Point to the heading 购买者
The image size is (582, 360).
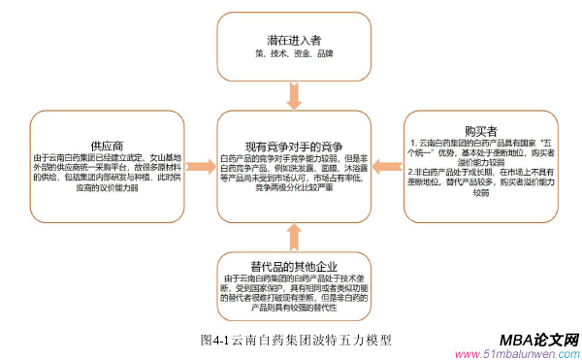(x=481, y=128)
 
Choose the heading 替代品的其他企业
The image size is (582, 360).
(x=290, y=263)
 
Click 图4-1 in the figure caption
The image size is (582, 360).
(x=214, y=340)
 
